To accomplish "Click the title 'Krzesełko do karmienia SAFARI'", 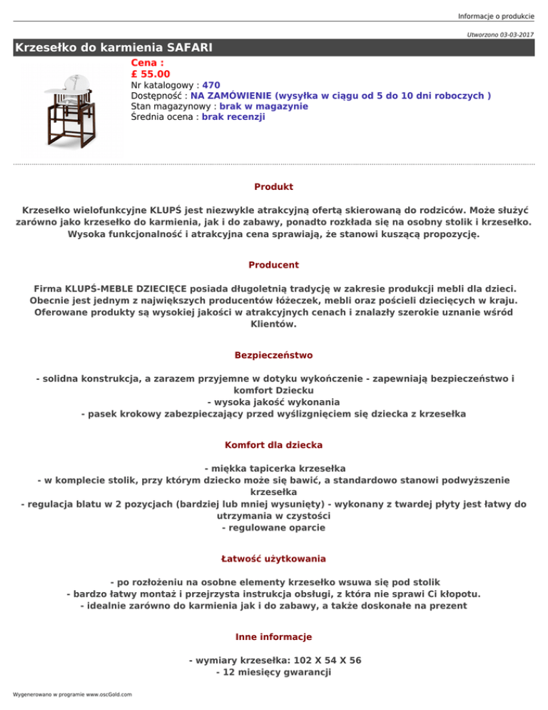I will pyautogui.click(x=114, y=48).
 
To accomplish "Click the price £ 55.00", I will pyautogui.click(x=151, y=74).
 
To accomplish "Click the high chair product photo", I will pyautogui.click(x=70, y=109).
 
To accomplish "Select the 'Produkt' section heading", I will pyautogui.click(x=273, y=187).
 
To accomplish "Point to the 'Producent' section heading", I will pyautogui.click(x=273, y=265).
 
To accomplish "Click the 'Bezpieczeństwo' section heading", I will pyautogui.click(x=273, y=355).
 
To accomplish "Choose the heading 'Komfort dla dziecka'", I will pyautogui.click(x=273, y=445).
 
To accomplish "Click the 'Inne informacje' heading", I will pyautogui.click(x=273, y=636).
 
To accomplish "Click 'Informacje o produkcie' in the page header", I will pyautogui.click(x=496, y=17).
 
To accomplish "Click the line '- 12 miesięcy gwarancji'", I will pyautogui.click(x=273, y=673).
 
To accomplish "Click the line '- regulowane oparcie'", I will pyautogui.click(x=273, y=528).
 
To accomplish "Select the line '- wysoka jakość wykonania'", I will pyautogui.click(x=273, y=401).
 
